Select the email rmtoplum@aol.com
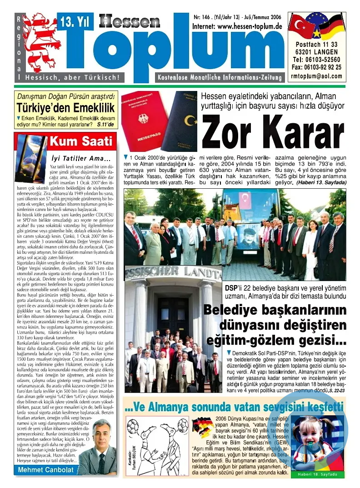click(317, 76)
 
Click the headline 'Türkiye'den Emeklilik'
click(65, 108)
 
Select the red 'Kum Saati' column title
click(81, 141)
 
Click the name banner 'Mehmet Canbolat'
click(45, 470)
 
